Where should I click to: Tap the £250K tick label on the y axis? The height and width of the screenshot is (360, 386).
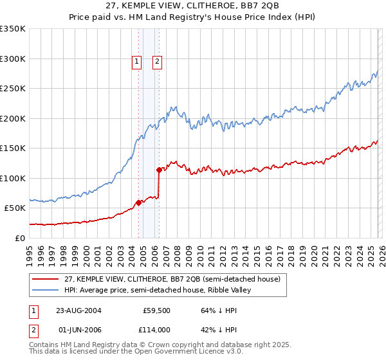click(13, 89)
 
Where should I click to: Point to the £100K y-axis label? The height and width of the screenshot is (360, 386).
click(13, 178)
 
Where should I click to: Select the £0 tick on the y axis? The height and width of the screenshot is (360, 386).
click(19, 238)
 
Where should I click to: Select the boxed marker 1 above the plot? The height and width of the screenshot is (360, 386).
click(137, 62)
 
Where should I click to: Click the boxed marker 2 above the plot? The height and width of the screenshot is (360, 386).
click(157, 62)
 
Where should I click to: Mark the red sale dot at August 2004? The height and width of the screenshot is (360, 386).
click(138, 203)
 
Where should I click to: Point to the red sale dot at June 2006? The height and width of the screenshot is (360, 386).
click(159, 170)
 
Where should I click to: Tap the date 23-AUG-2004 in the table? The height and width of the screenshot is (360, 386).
click(78, 310)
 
